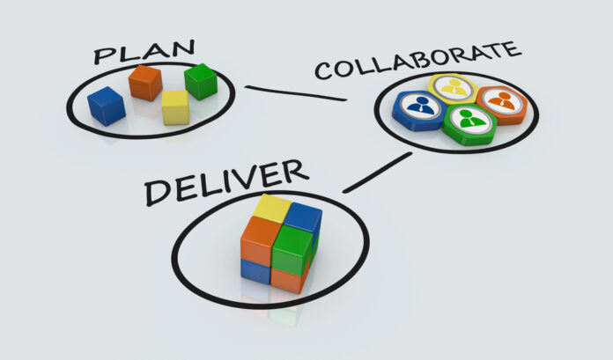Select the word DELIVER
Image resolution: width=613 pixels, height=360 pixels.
[x=226, y=181]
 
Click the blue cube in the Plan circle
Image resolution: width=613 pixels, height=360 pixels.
[x=107, y=106]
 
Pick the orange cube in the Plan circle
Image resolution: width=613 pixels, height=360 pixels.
[x=145, y=83]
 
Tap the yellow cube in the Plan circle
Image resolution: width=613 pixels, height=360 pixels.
[x=175, y=107]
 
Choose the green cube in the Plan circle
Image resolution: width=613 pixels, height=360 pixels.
[x=201, y=82]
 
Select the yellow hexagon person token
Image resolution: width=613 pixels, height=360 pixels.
[x=454, y=88]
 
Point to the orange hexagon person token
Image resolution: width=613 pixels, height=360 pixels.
[x=502, y=105]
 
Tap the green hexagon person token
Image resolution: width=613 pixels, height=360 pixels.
[x=470, y=124]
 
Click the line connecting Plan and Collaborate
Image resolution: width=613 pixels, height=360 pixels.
[x=296, y=93]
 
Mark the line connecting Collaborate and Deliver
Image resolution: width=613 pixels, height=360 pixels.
[x=377, y=173]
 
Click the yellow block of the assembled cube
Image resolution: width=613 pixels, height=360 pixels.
[x=272, y=209]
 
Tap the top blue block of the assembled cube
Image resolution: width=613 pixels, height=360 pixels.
[x=303, y=217]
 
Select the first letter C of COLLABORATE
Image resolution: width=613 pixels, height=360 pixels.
[x=325, y=70]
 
